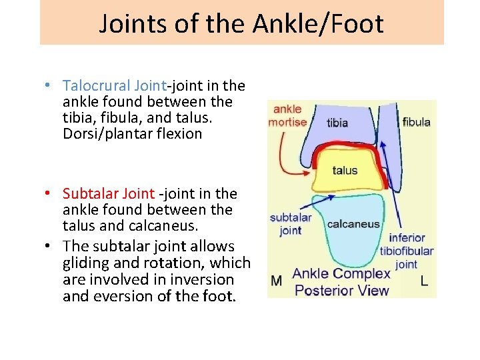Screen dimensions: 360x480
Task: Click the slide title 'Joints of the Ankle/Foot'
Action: [241, 23]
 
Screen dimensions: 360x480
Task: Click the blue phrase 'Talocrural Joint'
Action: [114, 86]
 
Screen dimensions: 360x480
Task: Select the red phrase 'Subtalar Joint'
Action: [109, 194]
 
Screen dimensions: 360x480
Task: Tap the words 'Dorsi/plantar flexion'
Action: [132, 134]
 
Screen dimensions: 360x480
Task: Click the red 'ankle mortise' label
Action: [287, 115]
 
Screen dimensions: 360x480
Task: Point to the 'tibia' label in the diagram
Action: [337, 123]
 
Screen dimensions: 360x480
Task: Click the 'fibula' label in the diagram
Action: [417, 122]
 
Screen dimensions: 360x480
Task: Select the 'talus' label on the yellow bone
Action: [345, 171]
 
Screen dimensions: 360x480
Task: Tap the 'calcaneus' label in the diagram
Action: [353, 224]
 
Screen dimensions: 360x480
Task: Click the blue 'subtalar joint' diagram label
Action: [291, 224]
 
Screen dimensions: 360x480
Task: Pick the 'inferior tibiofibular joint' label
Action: [407, 251]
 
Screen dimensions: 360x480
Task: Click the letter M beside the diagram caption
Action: [276, 281]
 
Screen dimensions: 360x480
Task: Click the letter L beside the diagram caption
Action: [424, 281]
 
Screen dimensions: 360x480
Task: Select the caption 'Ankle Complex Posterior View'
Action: [341, 282]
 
